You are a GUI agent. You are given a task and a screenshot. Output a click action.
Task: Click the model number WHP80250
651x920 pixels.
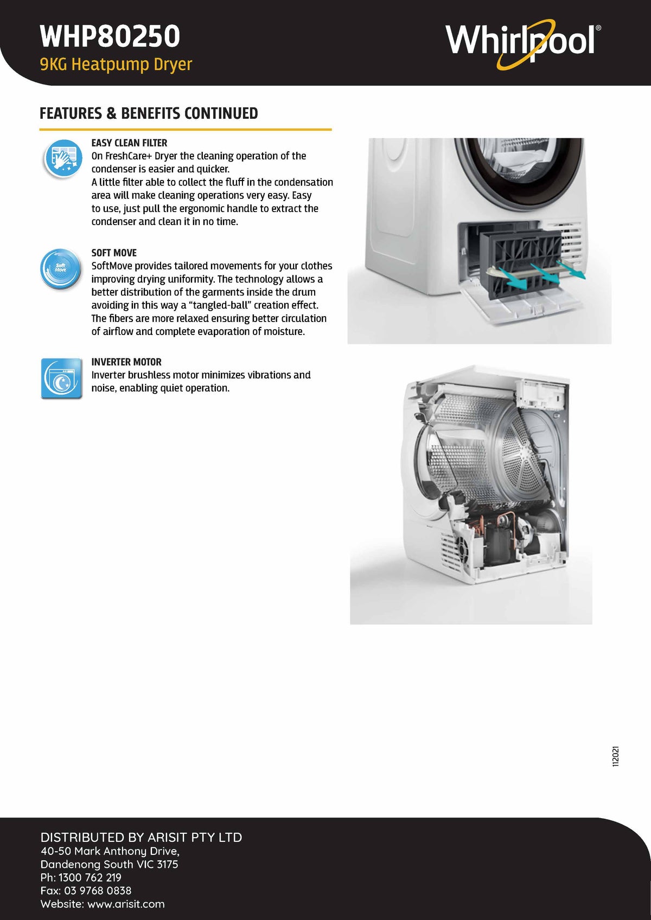click(x=110, y=36)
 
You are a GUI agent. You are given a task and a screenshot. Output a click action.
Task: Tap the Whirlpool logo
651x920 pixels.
click(x=523, y=43)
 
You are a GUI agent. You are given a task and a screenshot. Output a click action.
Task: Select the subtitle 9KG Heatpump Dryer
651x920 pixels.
click(x=116, y=65)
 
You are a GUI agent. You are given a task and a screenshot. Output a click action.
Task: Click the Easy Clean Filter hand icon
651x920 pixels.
click(x=62, y=158)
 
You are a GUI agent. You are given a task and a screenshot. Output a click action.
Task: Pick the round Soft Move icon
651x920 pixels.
click(x=61, y=268)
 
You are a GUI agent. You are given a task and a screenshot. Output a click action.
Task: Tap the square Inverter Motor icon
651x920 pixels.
click(x=62, y=378)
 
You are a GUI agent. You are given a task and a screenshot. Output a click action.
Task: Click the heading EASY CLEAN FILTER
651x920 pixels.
click(x=129, y=143)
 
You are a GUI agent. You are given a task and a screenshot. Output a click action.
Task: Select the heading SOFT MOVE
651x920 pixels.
click(x=114, y=253)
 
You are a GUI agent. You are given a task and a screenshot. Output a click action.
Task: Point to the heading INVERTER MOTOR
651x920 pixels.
click(x=126, y=362)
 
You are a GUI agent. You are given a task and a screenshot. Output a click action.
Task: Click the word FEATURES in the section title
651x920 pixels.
click(x=71, y=113)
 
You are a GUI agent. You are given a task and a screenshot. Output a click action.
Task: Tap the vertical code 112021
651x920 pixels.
click(x=615, y=756)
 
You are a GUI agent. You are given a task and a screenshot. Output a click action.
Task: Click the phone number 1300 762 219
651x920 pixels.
click(x=90, y=877)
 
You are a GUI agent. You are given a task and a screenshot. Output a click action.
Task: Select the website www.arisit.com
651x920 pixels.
click(x=126, y=904)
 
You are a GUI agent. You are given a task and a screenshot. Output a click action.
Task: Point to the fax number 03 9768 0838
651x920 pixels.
click(x=98, y=890)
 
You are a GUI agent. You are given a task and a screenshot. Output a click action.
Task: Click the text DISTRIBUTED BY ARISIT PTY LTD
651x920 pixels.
click(x=142, y=837)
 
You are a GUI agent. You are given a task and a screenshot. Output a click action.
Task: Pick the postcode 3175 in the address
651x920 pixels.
click(x=167, y=864)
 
